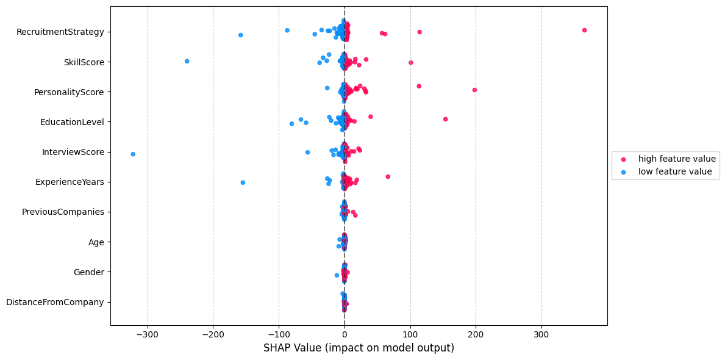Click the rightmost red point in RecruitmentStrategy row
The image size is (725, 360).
click(x=584, y=30)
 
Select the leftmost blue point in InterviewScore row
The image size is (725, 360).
click(x=133, y=154)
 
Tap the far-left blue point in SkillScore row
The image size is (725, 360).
click(x=187, y=61)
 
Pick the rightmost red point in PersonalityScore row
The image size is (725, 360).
click(x=474, y=90)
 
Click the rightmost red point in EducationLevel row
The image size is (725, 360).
click(x=445, y=119)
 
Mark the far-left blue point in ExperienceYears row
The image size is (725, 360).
click(x=243, y=182)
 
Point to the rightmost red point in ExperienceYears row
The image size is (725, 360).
click(x=388, y=176)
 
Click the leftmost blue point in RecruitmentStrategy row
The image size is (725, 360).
click(x=240, y=35)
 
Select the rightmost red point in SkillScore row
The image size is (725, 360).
click(x=410, y=62)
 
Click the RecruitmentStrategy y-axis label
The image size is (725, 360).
click(x=60, y=31)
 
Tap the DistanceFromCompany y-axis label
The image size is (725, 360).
click(x=55, y=302)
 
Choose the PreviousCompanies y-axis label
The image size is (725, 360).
click(x=63, y=212)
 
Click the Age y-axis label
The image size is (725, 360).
click(x=96, y=242)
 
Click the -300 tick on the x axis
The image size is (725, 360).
click(x=148, y=335)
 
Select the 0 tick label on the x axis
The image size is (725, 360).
click(x=345, y=335)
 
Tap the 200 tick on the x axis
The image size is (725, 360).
click(x=476, y=335)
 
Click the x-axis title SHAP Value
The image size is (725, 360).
click(x=359, y=348)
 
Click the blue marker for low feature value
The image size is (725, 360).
click(x=623, y=172)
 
